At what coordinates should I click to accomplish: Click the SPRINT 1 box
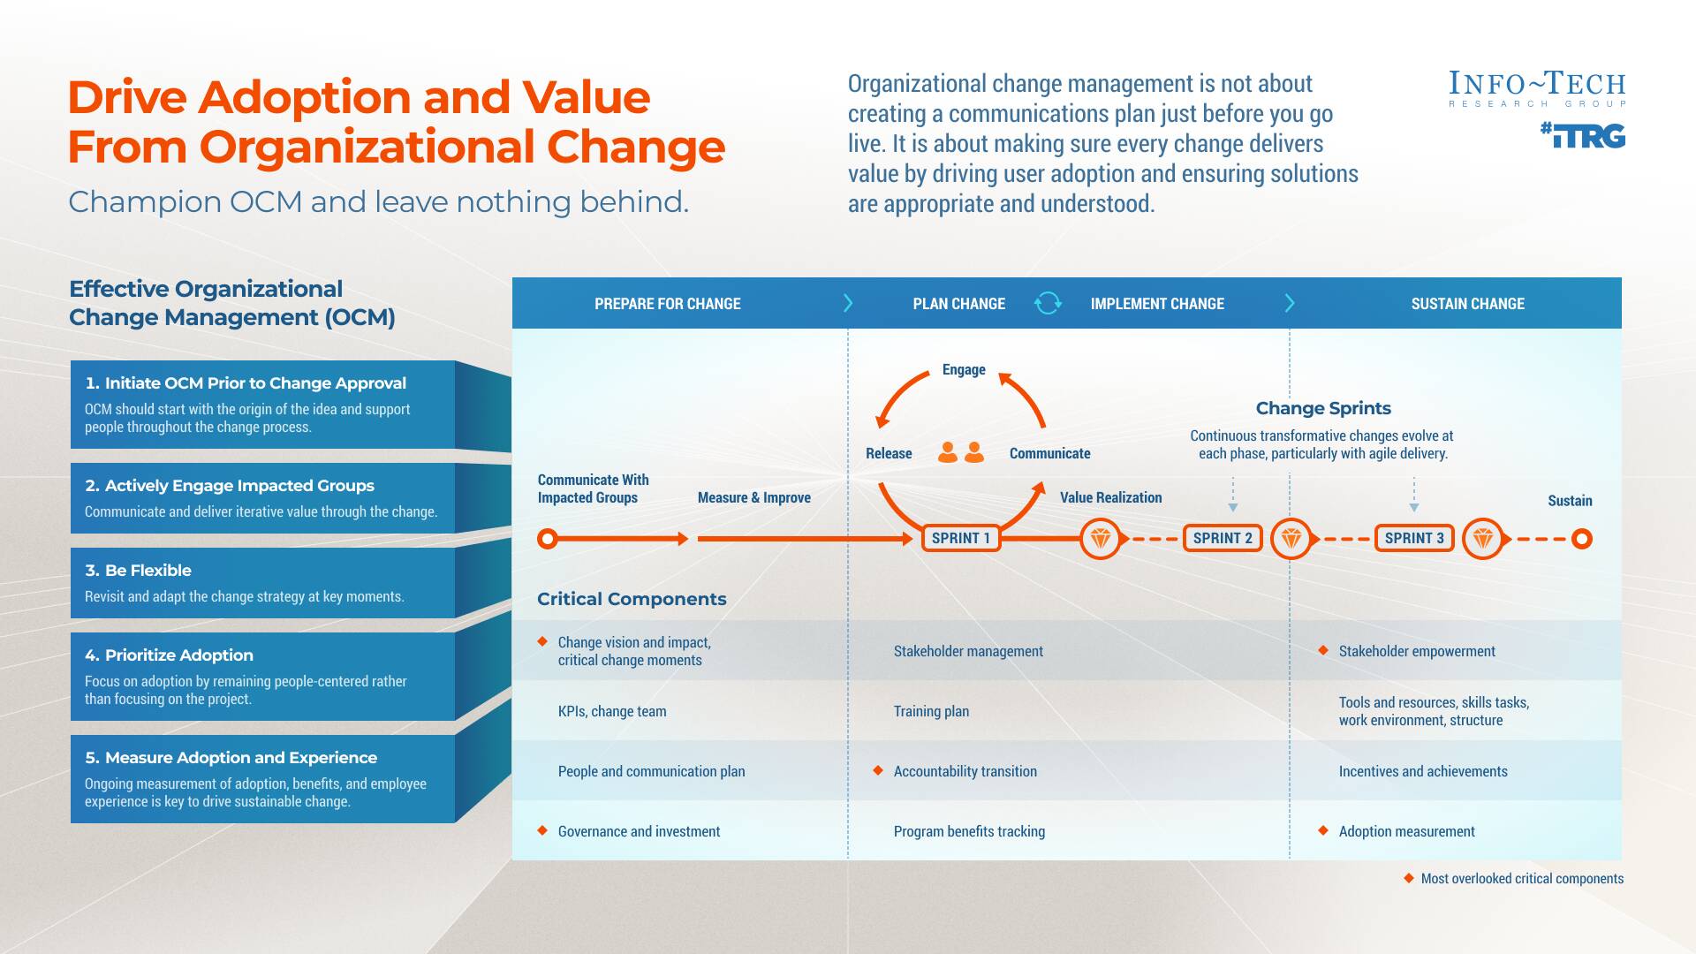(961, 538)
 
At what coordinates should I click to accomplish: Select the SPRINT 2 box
(1223, 538)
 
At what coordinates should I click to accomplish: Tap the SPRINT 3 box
(1414, 538)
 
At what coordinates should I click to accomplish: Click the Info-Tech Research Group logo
(1537, 88)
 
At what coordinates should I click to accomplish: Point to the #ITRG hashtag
(1584, 136)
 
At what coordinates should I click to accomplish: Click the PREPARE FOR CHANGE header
(667, 304)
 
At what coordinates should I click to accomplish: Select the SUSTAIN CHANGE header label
(1467, 304)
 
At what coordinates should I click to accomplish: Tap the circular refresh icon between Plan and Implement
(1048, 303)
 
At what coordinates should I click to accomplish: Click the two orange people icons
(961, 452)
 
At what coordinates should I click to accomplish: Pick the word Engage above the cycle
(964, 369)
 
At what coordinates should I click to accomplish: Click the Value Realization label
(1110, 497)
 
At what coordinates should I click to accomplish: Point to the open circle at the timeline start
(548, 538)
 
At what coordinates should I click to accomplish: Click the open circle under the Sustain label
(1582, 538)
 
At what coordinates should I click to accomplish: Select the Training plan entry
(931, 711)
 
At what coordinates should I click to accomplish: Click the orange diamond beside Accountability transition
(878, 770)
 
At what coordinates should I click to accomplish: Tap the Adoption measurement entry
(1406, 831)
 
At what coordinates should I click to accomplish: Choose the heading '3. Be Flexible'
(138, 571)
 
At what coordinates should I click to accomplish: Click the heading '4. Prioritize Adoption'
(169, 655)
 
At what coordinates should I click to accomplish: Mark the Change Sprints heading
(1323, 408)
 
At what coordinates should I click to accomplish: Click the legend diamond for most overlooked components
(1409, 878)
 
